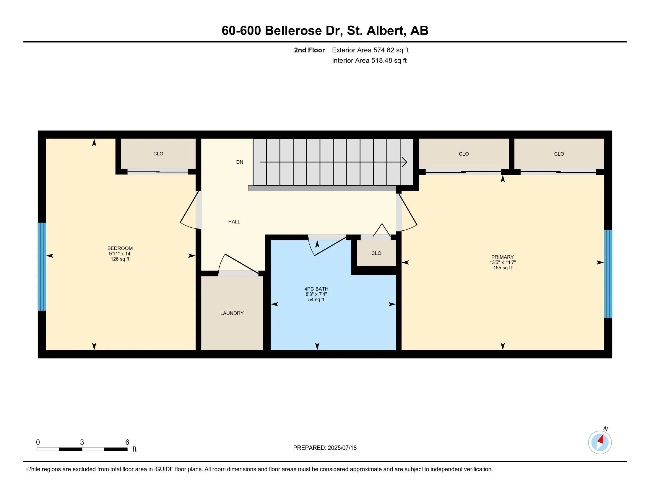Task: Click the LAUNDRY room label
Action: tap(232, 313)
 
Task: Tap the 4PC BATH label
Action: tap(316, 289)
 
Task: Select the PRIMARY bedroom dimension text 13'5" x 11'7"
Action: tap(502, 262)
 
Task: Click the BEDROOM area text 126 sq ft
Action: tap(120, 259)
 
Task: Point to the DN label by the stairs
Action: tap(240, 162)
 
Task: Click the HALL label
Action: tap(234, 221)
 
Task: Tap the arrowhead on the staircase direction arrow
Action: tap(404, 162)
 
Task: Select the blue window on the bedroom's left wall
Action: tap(42, 266)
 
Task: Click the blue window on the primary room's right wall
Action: tap(608, 274)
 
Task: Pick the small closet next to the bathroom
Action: tap(376, 253)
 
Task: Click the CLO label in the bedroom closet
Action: tap(158, 154)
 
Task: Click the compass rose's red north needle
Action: tap(601, 440)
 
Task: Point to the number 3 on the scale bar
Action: tap(82, 442)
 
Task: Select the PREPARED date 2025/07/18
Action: tap(342, 448)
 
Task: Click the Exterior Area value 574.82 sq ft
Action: tap(391, 50)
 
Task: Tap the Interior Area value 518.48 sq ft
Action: tap(389, 61)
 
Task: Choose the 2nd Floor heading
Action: tap(309, 50)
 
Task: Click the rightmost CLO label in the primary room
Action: tap(559, 154)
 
